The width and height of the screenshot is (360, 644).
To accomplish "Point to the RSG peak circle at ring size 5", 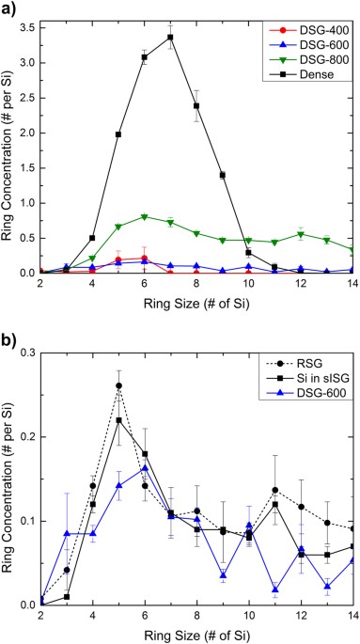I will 118,385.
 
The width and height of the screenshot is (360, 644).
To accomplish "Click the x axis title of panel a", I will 196,305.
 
